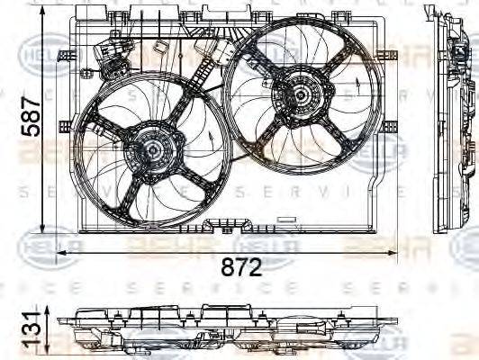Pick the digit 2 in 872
(x=257, y=267)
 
